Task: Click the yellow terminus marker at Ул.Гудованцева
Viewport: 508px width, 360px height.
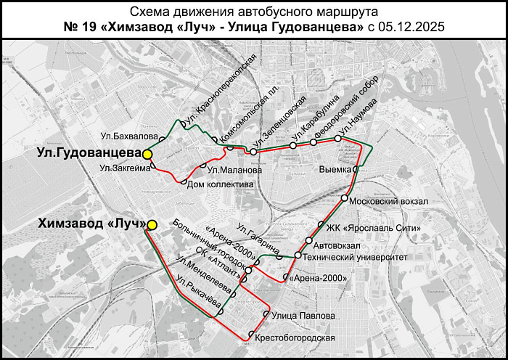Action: (x=148, y=154)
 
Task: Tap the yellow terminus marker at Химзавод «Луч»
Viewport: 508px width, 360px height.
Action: (x=152, y=225)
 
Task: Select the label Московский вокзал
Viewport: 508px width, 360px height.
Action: (x=390, y=200)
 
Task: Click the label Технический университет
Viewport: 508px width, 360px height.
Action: (x=355, y=257)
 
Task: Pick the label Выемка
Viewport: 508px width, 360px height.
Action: (x=335, y=169)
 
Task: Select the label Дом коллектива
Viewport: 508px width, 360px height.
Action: (x=220, y=184)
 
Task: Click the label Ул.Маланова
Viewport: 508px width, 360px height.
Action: (x=234, y=171)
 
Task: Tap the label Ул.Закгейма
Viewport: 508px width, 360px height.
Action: (x=126, y=168)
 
